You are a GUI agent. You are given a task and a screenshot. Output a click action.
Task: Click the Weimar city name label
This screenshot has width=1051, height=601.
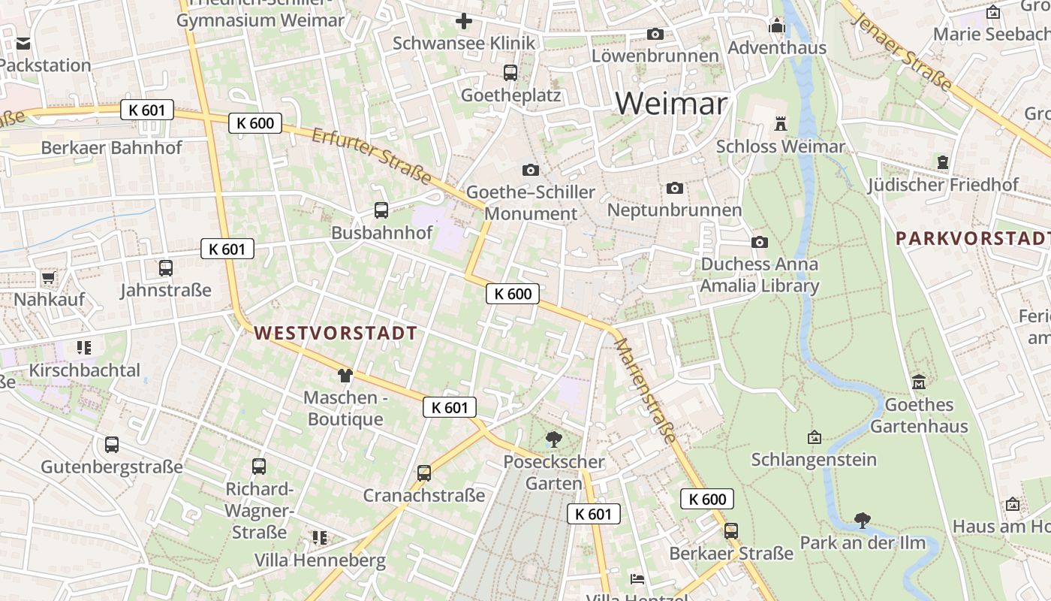[671, 103]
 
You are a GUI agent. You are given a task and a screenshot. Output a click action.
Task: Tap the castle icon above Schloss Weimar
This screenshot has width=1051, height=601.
[781, 123]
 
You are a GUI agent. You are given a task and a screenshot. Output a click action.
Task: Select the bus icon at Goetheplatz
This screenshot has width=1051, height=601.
[510, 73]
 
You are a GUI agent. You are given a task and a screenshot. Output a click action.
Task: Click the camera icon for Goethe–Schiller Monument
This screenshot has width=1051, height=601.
[531, 171]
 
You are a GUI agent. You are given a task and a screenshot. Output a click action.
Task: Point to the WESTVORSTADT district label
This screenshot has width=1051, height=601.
[335, 333]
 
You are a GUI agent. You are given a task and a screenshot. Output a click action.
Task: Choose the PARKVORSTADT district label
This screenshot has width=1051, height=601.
[973, 239]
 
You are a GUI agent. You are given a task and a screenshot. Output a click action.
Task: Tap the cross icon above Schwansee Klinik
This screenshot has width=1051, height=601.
[464, 21]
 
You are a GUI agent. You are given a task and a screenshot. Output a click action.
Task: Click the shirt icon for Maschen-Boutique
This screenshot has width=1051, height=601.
[345, 375]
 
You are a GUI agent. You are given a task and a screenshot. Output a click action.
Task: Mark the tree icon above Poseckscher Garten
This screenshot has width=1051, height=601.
[554, 439]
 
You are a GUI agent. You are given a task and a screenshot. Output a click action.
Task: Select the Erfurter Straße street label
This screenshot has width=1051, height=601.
[372, 156]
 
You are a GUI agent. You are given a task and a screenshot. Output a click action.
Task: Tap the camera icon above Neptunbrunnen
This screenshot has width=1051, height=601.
[674, 188]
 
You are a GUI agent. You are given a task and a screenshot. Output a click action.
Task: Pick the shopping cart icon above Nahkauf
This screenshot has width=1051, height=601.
[49, 278]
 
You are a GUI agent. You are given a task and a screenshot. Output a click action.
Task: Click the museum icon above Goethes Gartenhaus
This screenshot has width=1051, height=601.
[919, 382]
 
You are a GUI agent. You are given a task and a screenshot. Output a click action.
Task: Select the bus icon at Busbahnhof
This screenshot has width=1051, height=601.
[381, 210]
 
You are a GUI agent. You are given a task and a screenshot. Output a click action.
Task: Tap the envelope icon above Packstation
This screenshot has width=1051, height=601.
[23, 44]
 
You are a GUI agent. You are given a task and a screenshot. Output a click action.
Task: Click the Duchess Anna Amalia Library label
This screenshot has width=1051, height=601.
[759, 275]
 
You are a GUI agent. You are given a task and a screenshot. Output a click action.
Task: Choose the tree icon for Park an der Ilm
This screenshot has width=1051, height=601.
[863, 520]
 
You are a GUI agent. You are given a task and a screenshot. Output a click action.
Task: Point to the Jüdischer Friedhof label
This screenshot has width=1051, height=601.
[943, 185]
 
